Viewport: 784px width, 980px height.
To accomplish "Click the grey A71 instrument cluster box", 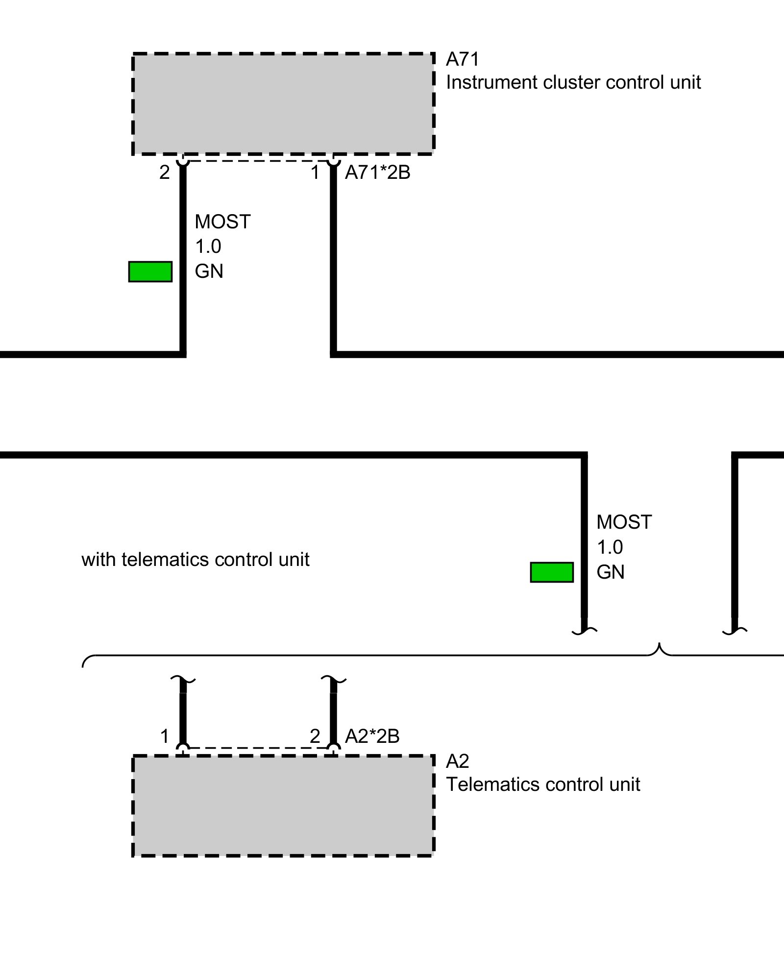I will (x=283, y=104).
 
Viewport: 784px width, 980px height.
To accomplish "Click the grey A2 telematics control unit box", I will (x=283, y=806).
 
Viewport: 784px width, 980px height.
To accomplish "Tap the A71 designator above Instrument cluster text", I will (x=462, y=59).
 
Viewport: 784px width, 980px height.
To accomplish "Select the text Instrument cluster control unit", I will (x=573, y=82).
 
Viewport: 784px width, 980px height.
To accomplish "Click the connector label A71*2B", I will (x=377, y=172).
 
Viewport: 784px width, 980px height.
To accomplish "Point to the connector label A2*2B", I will (x=372, y=736).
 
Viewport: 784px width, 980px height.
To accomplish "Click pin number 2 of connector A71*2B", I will (x=165, y=172).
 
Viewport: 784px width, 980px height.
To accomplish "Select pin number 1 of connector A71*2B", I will (x=315, y=172).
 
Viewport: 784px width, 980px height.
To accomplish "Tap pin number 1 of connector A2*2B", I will (x=165, y=736).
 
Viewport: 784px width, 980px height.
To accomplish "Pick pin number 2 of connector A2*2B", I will (x=315, y=736).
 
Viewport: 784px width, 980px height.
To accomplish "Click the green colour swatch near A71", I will (x=150, y=271).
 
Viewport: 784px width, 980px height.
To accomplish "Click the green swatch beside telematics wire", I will (x=552, y=572).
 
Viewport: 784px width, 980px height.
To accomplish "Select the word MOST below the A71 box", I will (x=222, y=222).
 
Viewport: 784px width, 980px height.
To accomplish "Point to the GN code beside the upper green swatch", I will (x=209, y=271).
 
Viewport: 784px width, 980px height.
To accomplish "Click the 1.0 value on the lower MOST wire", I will (x=610, y=547).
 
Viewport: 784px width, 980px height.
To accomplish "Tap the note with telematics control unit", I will (x=195, y=560).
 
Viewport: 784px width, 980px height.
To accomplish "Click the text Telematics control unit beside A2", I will (x=542, y=784).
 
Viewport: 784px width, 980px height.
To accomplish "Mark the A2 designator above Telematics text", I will (x=457, y=761).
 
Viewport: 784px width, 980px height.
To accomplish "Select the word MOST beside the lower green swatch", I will (x=624, y=522).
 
